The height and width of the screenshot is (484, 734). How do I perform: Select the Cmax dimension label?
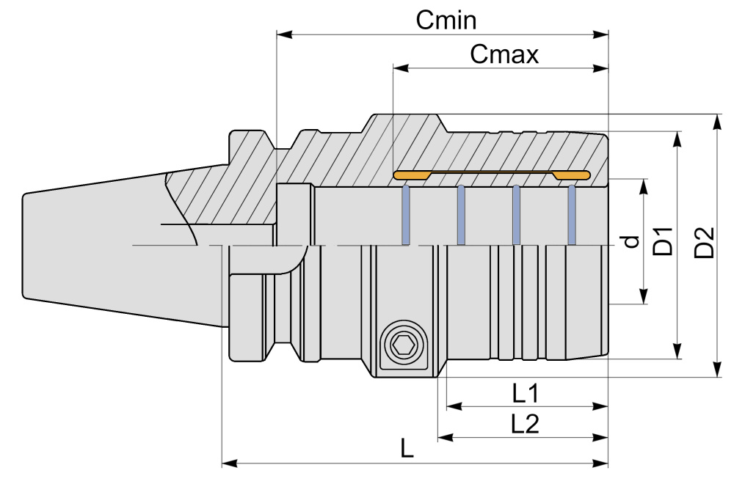[505, 54]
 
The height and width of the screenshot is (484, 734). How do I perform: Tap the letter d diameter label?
[629, 241]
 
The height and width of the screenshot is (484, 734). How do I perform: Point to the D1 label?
[664, 241]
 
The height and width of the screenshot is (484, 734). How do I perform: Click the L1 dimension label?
[526, 395]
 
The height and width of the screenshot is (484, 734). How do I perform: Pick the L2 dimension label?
[526, 423]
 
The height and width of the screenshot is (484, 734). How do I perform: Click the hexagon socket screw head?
[403, 345]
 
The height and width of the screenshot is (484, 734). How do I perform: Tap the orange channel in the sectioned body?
[491, 175]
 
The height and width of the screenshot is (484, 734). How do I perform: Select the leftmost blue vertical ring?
[404, 215]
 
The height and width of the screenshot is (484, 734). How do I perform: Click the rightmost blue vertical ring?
[571, 215]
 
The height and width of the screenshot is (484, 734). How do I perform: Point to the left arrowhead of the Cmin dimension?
[283, 34]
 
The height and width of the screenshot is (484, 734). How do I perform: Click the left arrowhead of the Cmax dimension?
[399, 68]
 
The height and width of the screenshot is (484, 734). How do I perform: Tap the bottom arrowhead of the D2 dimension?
[717, 371]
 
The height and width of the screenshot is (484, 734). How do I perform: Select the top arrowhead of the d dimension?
[644, 185]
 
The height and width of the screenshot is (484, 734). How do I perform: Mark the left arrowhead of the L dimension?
[228, 463]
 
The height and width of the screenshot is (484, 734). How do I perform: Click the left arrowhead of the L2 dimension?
[444, 437]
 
